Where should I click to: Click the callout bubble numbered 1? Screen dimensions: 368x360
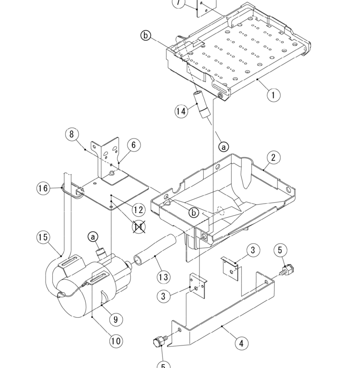pyautogui.click(x=273, y=94)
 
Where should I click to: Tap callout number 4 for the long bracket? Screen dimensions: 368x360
pyautogui.click(x=242, y=343)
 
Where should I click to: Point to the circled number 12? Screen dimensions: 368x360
pyautogui.click(x=139, y=209)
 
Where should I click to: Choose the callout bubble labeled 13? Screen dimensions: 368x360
pyautogui.click(x=163, y=277)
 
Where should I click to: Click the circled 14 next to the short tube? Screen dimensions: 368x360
pyautogui.click(x=181, y=111)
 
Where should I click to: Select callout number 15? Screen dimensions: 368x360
pyautogui.click(x=43, y=237)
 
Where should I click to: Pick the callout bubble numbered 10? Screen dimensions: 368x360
pyautogui.click(x=116, y=341)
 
